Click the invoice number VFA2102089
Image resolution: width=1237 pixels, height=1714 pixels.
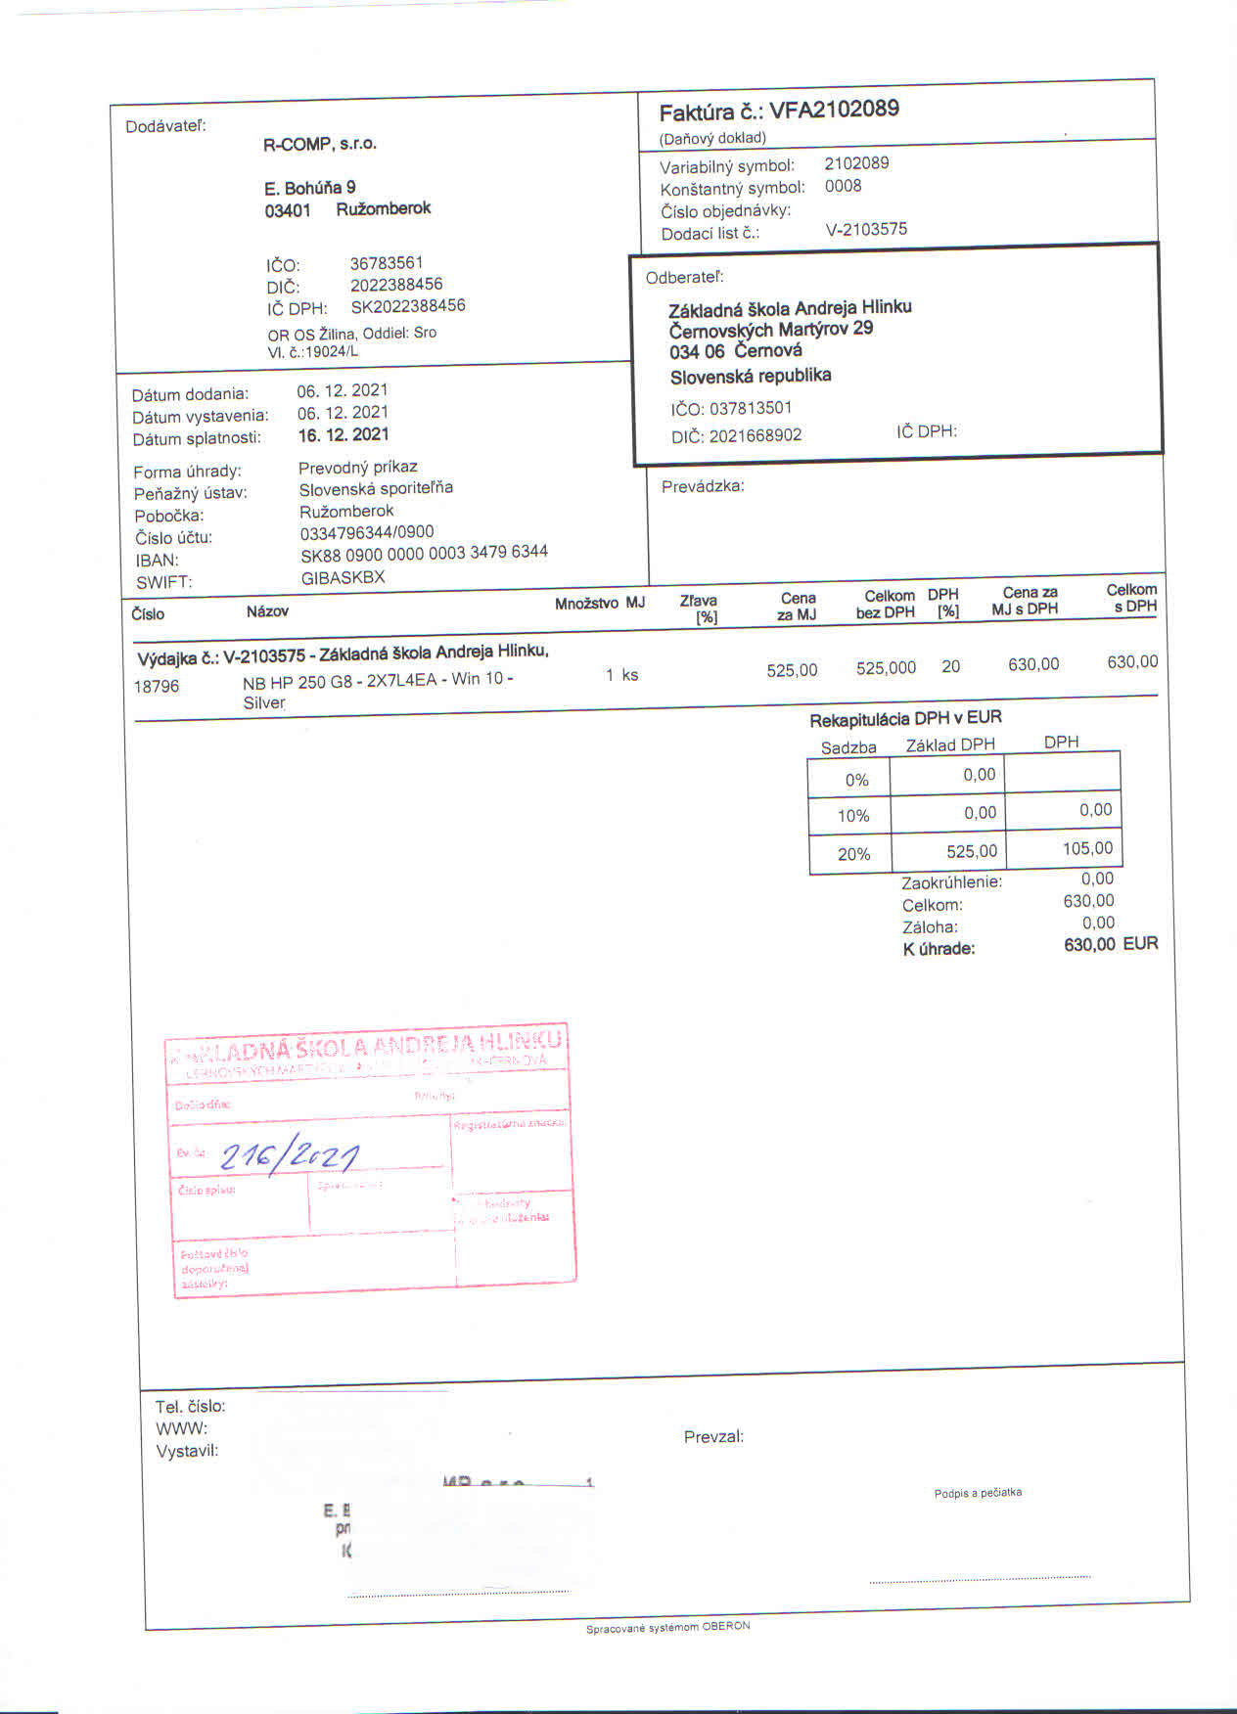pos(834,109)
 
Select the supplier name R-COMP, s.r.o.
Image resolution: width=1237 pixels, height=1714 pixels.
pos(320,144)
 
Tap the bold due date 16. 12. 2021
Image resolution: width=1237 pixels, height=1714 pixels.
pos(344,435)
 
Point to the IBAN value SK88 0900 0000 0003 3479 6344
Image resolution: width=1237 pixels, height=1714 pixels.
pos(424,553)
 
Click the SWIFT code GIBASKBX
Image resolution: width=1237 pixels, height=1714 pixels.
pos(343,577)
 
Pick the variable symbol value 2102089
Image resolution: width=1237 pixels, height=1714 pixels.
pos(856,162)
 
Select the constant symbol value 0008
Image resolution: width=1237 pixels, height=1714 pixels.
pos(843,186)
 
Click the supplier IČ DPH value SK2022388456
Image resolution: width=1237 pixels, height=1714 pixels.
pos(408,306)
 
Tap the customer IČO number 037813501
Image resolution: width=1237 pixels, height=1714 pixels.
pos(751,408)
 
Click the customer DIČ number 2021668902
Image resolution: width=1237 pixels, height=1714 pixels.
pos(756,435)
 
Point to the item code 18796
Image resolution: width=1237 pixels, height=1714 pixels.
pos(157,687)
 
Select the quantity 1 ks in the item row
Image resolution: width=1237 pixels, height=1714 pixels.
pos(621,675)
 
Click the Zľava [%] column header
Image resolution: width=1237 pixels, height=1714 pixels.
pos(699,608)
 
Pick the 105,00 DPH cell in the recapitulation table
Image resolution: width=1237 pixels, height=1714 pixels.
pos(1087,848)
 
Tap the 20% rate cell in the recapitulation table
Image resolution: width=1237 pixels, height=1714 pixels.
pos(853,854)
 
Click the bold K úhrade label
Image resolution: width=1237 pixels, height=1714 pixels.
pos(939,948)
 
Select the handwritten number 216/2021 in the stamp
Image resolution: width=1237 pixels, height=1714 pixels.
pos(290,1157)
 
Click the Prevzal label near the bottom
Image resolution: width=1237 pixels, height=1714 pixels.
pos(713,1437)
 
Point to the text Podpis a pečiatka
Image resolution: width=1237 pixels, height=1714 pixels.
pos(978,1493)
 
